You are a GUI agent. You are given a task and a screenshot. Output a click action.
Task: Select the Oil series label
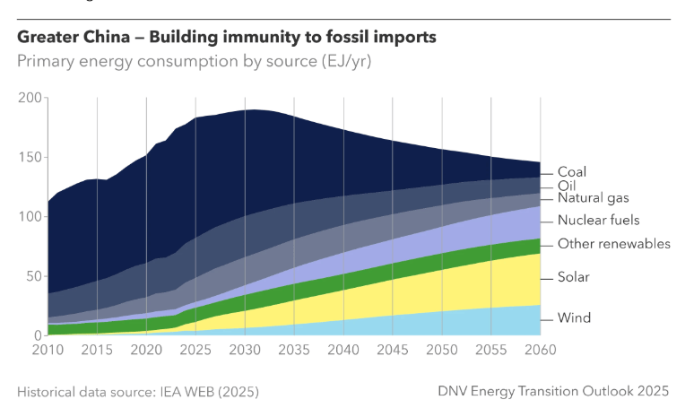[567, 185]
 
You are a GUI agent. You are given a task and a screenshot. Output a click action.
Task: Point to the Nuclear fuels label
[598, 221]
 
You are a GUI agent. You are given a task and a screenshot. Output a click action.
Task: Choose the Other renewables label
[614, 244]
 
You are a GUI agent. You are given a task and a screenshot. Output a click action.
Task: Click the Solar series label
[574, 277]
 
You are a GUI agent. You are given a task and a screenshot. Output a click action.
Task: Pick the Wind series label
[574, 317]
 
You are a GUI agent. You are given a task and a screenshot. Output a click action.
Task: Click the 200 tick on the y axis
[30, 97]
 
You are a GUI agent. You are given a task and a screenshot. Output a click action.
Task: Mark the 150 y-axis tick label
[30, 157]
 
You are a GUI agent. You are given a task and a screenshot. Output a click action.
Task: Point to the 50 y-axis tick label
[33, 276]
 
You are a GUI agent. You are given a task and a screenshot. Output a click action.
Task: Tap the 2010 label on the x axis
[47, 349]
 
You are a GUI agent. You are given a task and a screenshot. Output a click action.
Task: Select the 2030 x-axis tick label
[244, 349]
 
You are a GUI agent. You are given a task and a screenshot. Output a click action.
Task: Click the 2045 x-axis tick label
[392, 349]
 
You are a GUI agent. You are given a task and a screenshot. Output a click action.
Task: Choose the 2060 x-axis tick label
[540, 349]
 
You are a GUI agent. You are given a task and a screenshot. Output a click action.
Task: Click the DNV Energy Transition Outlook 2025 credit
[553, 392]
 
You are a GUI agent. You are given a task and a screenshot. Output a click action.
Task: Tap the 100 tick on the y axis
[30, 216]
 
